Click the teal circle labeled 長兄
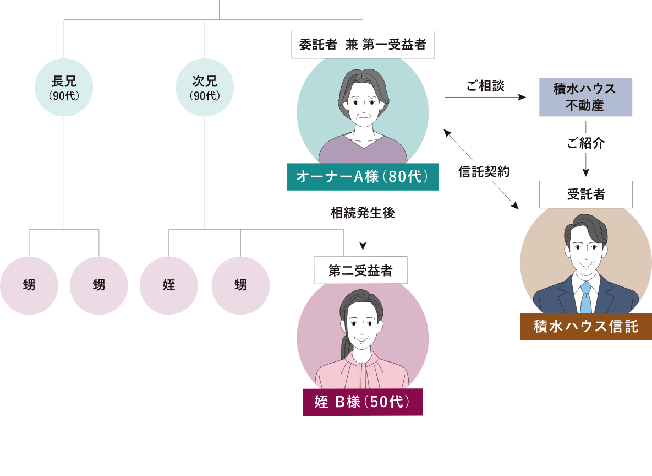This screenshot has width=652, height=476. (64, 88)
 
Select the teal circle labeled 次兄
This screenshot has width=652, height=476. (205, 88)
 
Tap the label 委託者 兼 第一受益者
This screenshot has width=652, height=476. (363, 45)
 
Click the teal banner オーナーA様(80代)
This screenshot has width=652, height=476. (363, 177)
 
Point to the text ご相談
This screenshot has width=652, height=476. (485, 86)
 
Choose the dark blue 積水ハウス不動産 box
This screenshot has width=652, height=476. (585, 97)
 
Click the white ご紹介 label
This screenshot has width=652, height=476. (585, 143)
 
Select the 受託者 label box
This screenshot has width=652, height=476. (585, 194)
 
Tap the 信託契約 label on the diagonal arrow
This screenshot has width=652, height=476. (484, 172)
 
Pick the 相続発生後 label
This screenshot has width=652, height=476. (363, 213)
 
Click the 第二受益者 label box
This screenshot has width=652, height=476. (360, 271)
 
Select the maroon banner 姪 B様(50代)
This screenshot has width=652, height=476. (363, 402)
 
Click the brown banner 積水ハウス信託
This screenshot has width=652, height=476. (585, 327)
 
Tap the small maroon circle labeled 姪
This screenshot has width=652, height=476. (169, 285)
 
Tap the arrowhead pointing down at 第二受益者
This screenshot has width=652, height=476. (363, 246)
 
